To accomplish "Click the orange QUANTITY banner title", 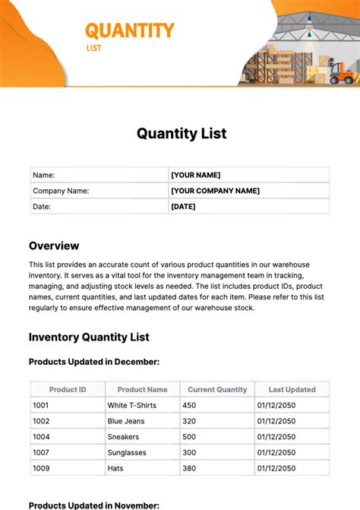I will point(129,30).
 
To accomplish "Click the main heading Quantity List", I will point(182,134).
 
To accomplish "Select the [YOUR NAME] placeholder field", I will point(196,175).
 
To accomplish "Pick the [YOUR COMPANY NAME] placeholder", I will point(215,191).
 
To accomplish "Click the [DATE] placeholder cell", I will point(183,206).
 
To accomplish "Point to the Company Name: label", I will point(61,191).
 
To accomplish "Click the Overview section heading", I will point(54,245).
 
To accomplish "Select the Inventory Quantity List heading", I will point(89,337).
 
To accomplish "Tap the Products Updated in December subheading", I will point(94,363).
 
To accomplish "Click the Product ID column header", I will point(68,389).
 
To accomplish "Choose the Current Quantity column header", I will point(217,389).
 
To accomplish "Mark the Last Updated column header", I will point(292,389).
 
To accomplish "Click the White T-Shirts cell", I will point(132,405).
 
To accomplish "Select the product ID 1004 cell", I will point(41,436).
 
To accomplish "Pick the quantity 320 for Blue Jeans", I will point(189,421).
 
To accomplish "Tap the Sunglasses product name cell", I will point(127,452).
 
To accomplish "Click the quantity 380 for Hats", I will point(189,468).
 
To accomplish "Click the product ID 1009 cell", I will point(41,468).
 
